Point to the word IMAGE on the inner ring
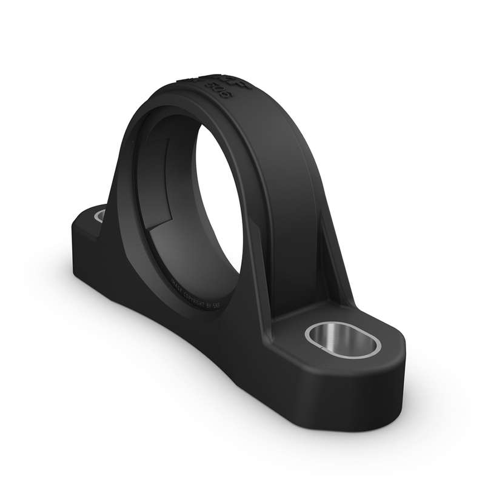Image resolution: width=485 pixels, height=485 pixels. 176,286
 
